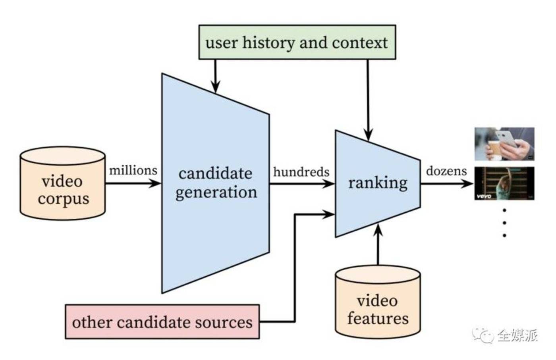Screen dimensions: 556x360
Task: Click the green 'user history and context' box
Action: (x=297, y=42)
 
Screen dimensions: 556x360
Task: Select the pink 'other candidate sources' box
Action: (x=162, y=322)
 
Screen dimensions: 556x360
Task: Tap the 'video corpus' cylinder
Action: (x=63, y=183)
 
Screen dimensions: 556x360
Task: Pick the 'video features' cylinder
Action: (x=378, y=302)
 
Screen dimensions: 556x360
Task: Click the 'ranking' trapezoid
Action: (x=378, y=184)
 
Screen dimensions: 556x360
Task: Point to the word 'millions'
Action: (x=133, y=170)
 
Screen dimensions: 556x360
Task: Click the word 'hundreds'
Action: (x=301, y=172)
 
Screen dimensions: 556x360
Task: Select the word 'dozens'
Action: (x=446, y=171)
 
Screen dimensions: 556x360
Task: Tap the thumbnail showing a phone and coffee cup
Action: (x=504, y=144)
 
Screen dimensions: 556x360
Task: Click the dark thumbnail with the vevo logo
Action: (x=504, y=183)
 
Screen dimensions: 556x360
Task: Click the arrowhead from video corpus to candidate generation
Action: (x=155, y=184)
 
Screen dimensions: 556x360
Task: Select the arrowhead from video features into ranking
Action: (x=378, y=230)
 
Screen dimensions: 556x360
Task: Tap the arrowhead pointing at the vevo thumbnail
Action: (x=467, y=184)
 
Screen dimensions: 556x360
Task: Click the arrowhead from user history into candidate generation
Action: (x=215, y=87)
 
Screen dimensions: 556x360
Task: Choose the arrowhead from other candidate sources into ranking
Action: (x=328, y=214)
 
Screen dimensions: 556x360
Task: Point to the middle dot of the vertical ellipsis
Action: (x=504, y=223)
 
